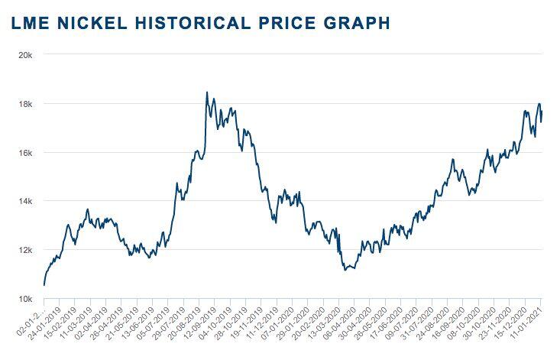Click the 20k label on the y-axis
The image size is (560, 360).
pyautogui.click(x=24, y=55)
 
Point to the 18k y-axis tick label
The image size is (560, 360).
pyautogui.click(x=24, y=104)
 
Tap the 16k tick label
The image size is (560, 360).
pyautogui.click(x=24, y=153)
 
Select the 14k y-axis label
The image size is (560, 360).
pyautogui.click(x=24, y=201)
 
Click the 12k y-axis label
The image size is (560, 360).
pyautogui.click(x=24, y=250)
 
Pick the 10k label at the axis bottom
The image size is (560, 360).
pyautogui.click(x=24, y=299)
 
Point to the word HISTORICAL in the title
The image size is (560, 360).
pyautogui.click(x=189, y=23)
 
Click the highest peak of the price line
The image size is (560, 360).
pyautogui.click(x=207, y=93)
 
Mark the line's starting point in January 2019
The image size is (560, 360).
pyautogui.click(x=44, y=285)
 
